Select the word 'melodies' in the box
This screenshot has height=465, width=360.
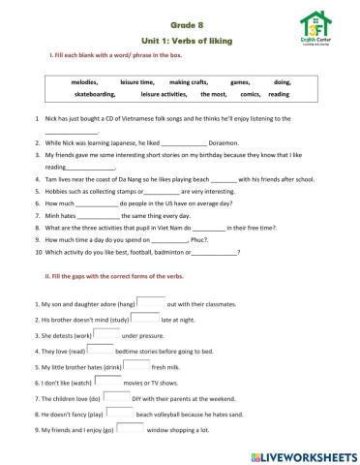pos(84,82)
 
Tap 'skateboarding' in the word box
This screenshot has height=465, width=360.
pos(94,95)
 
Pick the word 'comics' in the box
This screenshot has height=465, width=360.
pos(250,95)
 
